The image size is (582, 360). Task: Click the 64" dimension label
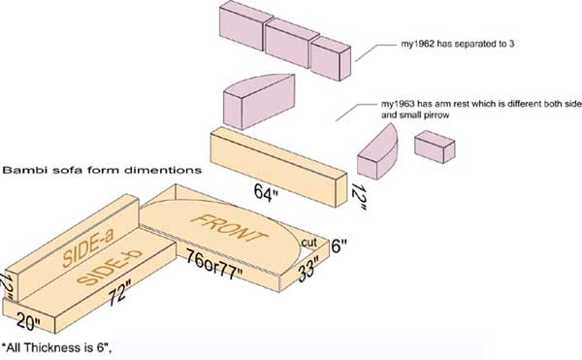(x=266, y=193)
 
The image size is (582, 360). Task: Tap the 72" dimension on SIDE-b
(x=119, y=294)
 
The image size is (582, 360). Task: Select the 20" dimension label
(x=28, y=321)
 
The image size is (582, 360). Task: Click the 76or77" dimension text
(x=215, y=264)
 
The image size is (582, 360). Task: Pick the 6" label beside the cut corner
(x=339, y=246)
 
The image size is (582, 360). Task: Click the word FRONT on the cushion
(x=231, y=227)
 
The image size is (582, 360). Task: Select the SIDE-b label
(x=110, y=267)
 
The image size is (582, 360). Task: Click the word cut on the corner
(x=308, y=243)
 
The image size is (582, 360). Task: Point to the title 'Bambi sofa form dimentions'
(x=103, y=171)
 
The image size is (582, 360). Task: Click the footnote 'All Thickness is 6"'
(x=57, y=348)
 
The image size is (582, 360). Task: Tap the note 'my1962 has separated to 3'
(x=457, y=44)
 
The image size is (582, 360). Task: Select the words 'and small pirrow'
(x=415, y=115)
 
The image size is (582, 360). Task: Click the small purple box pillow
(x=435, y=147)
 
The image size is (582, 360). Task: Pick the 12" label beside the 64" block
(x=359, y=197)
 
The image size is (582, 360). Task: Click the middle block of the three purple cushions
(x=292, y=43)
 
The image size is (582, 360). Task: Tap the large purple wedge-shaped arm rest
(x=259, y=101)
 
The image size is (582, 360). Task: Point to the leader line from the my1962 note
(x=375, y=51)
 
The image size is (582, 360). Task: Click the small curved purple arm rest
(x=377, y=153)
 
